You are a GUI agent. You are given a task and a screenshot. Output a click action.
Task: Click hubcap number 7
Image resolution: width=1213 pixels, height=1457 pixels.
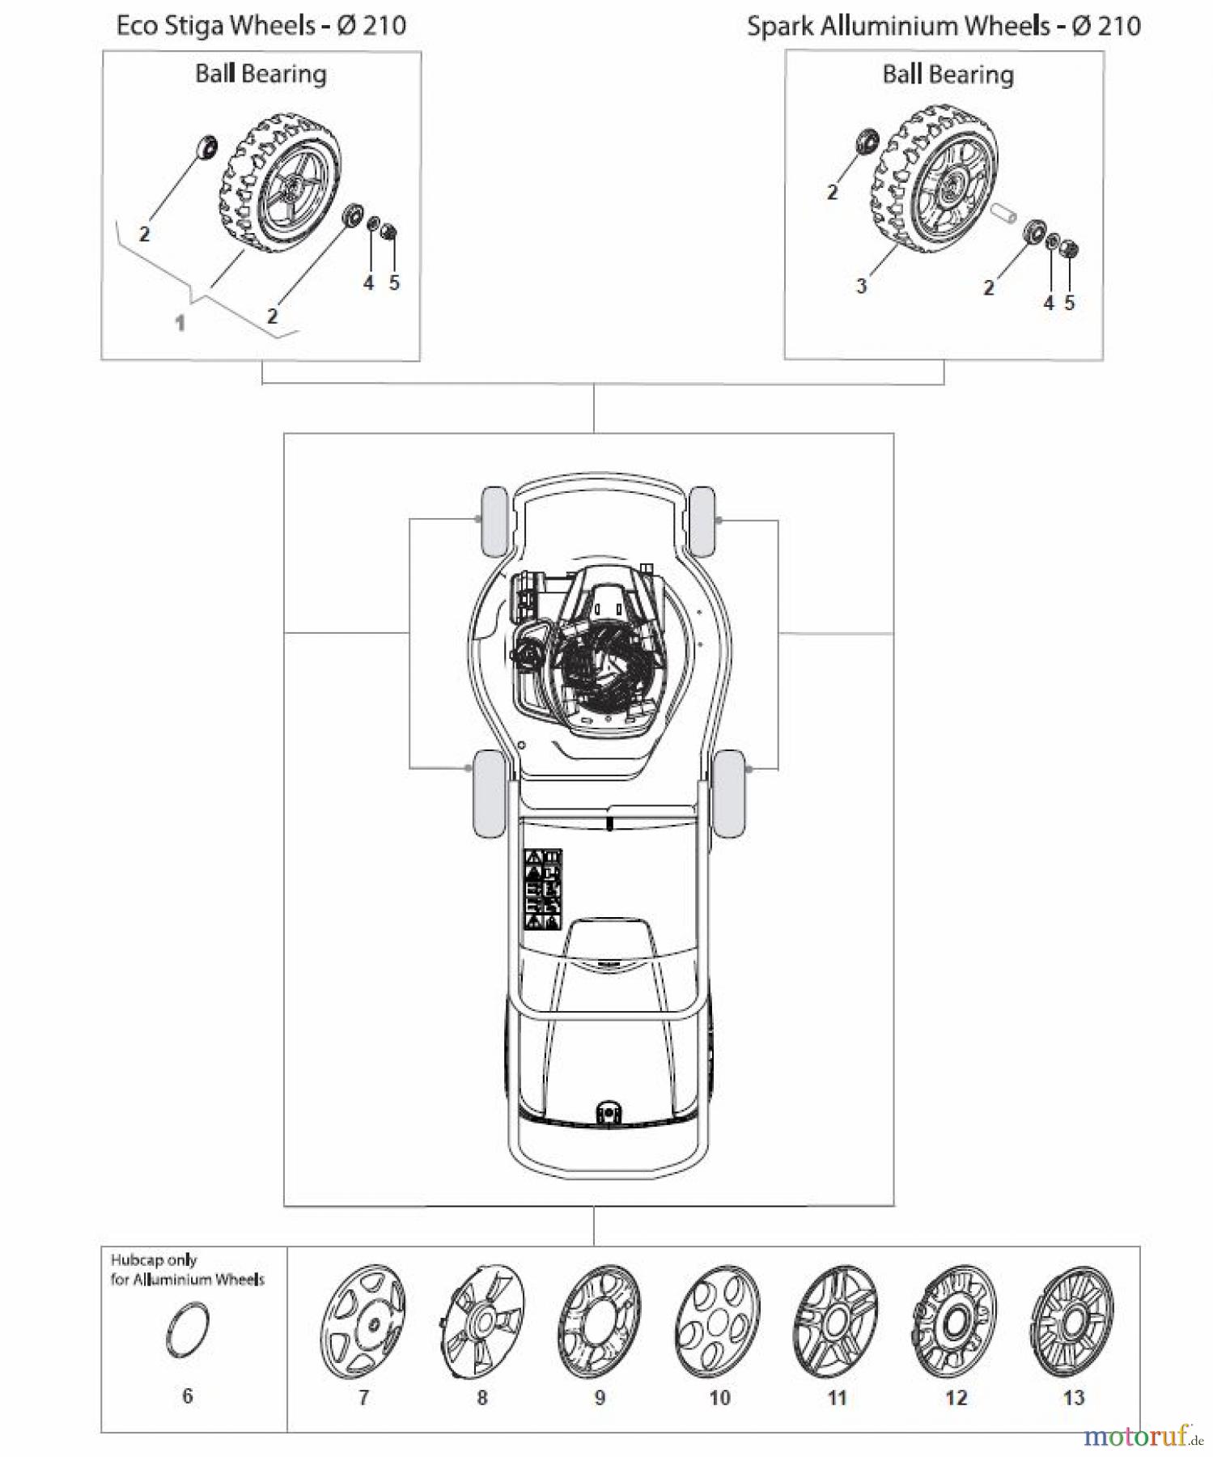(x=363, y=1322)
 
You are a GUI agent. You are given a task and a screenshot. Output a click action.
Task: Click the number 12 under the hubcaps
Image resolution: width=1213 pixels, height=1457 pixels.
(x=956, y=1398)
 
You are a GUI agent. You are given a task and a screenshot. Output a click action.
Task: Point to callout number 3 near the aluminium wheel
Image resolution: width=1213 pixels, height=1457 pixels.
(x=861, y=286)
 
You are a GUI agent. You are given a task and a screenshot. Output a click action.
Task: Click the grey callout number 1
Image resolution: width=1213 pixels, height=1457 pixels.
(x=180, y=323)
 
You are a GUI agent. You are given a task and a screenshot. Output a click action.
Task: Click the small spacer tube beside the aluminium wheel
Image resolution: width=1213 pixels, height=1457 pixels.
(x=1002, y=217)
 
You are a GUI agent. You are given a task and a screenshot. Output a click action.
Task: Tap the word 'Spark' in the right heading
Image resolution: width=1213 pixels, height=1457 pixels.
(x=777, y=26)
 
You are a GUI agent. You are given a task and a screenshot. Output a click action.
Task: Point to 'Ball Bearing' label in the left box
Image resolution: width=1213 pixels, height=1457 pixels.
(x=261, y=74)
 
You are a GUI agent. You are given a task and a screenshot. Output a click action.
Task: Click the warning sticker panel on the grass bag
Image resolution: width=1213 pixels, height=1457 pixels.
(x=542, y=888)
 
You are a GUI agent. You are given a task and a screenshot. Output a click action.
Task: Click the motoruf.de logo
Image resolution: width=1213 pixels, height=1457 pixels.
(x=1142, y=1437)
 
